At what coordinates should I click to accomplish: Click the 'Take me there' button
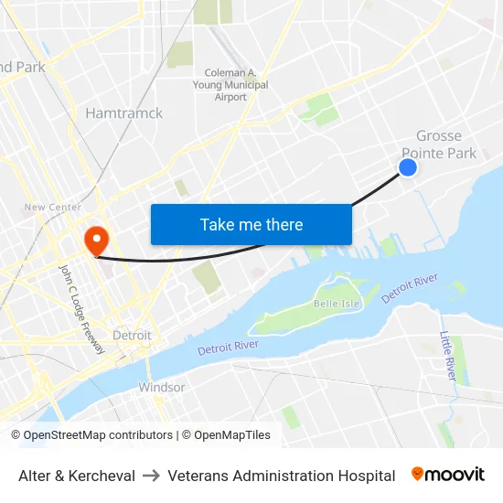tap(251, 224)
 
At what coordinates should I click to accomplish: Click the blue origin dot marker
tap(408, 166)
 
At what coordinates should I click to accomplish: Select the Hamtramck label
tap(123, 113)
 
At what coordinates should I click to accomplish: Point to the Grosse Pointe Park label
tap(439, 144)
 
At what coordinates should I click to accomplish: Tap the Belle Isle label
tap(334, 304)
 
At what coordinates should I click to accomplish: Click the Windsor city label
tap(161, 388)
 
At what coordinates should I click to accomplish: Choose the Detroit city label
tap(132, 336)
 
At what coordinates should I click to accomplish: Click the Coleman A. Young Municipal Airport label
tap(236, 85)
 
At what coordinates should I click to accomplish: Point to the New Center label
tap(52, 208)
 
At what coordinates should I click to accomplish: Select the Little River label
tap(448, 355)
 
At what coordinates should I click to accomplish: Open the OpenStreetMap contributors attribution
tap(91, 435)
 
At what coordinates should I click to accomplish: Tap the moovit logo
tap(447, 475)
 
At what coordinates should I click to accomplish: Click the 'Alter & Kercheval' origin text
tap(77, 476)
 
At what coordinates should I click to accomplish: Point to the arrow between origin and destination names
tap(152, 476)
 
